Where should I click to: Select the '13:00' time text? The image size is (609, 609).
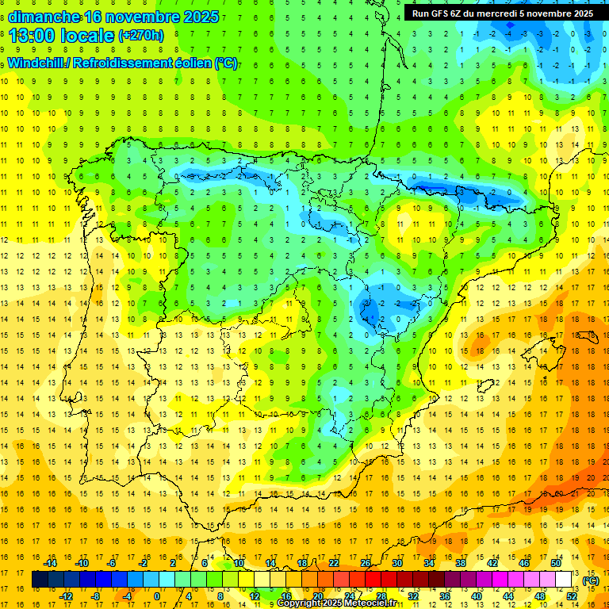tap(33, 36)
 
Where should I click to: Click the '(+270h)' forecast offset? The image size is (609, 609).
tap(141, 36)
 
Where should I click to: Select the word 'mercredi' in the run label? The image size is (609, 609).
tap(504, 13)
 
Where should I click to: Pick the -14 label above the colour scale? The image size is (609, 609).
tap(50, 563)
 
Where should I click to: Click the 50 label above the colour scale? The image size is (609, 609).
tap(556, 563)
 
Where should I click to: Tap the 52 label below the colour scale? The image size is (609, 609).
tap(572, 596)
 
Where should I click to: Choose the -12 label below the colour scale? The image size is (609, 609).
tap(66, 596)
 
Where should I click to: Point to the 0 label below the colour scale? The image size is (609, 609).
tap(157, 596)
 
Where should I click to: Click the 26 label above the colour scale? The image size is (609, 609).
tap(366, 563)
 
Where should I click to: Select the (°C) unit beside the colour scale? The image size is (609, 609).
tap(591, 580)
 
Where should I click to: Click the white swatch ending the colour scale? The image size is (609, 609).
tap(564, 580)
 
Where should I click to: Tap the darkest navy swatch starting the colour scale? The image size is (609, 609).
tap(40, 580)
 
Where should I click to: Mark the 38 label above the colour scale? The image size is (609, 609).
tap(461, 563)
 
